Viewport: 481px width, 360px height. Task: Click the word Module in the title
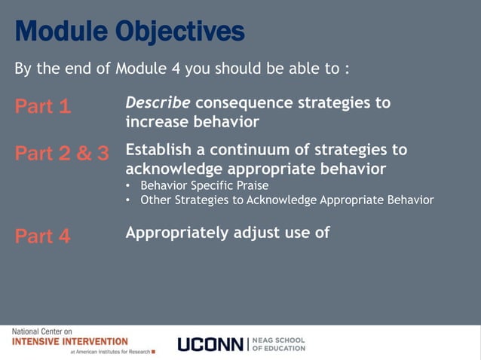point(60,32)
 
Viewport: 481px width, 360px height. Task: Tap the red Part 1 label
point(43,107)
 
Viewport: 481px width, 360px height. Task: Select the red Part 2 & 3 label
point(62,154)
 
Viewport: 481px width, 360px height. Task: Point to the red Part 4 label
point(43,236)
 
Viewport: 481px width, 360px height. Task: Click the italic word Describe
point(158,102)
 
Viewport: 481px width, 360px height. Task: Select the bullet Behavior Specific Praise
point(204,185)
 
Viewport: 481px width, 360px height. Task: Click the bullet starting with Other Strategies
point(286,200)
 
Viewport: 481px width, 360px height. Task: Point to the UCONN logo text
point(210,345)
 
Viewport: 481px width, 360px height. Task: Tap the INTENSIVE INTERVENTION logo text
point(70,341)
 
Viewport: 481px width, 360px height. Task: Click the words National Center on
point(42,331)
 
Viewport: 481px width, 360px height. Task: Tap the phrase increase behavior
point(191,121)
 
